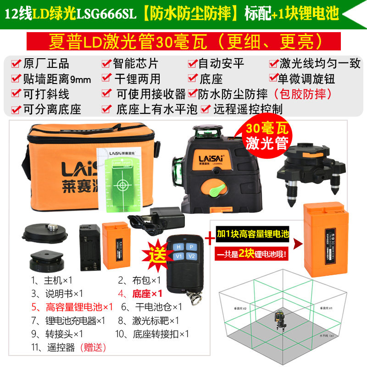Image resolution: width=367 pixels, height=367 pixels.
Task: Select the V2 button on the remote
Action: coord(191,257)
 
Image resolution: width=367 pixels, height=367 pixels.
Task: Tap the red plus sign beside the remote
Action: coord(209,239)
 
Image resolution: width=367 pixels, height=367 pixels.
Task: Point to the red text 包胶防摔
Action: coord(303,94)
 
